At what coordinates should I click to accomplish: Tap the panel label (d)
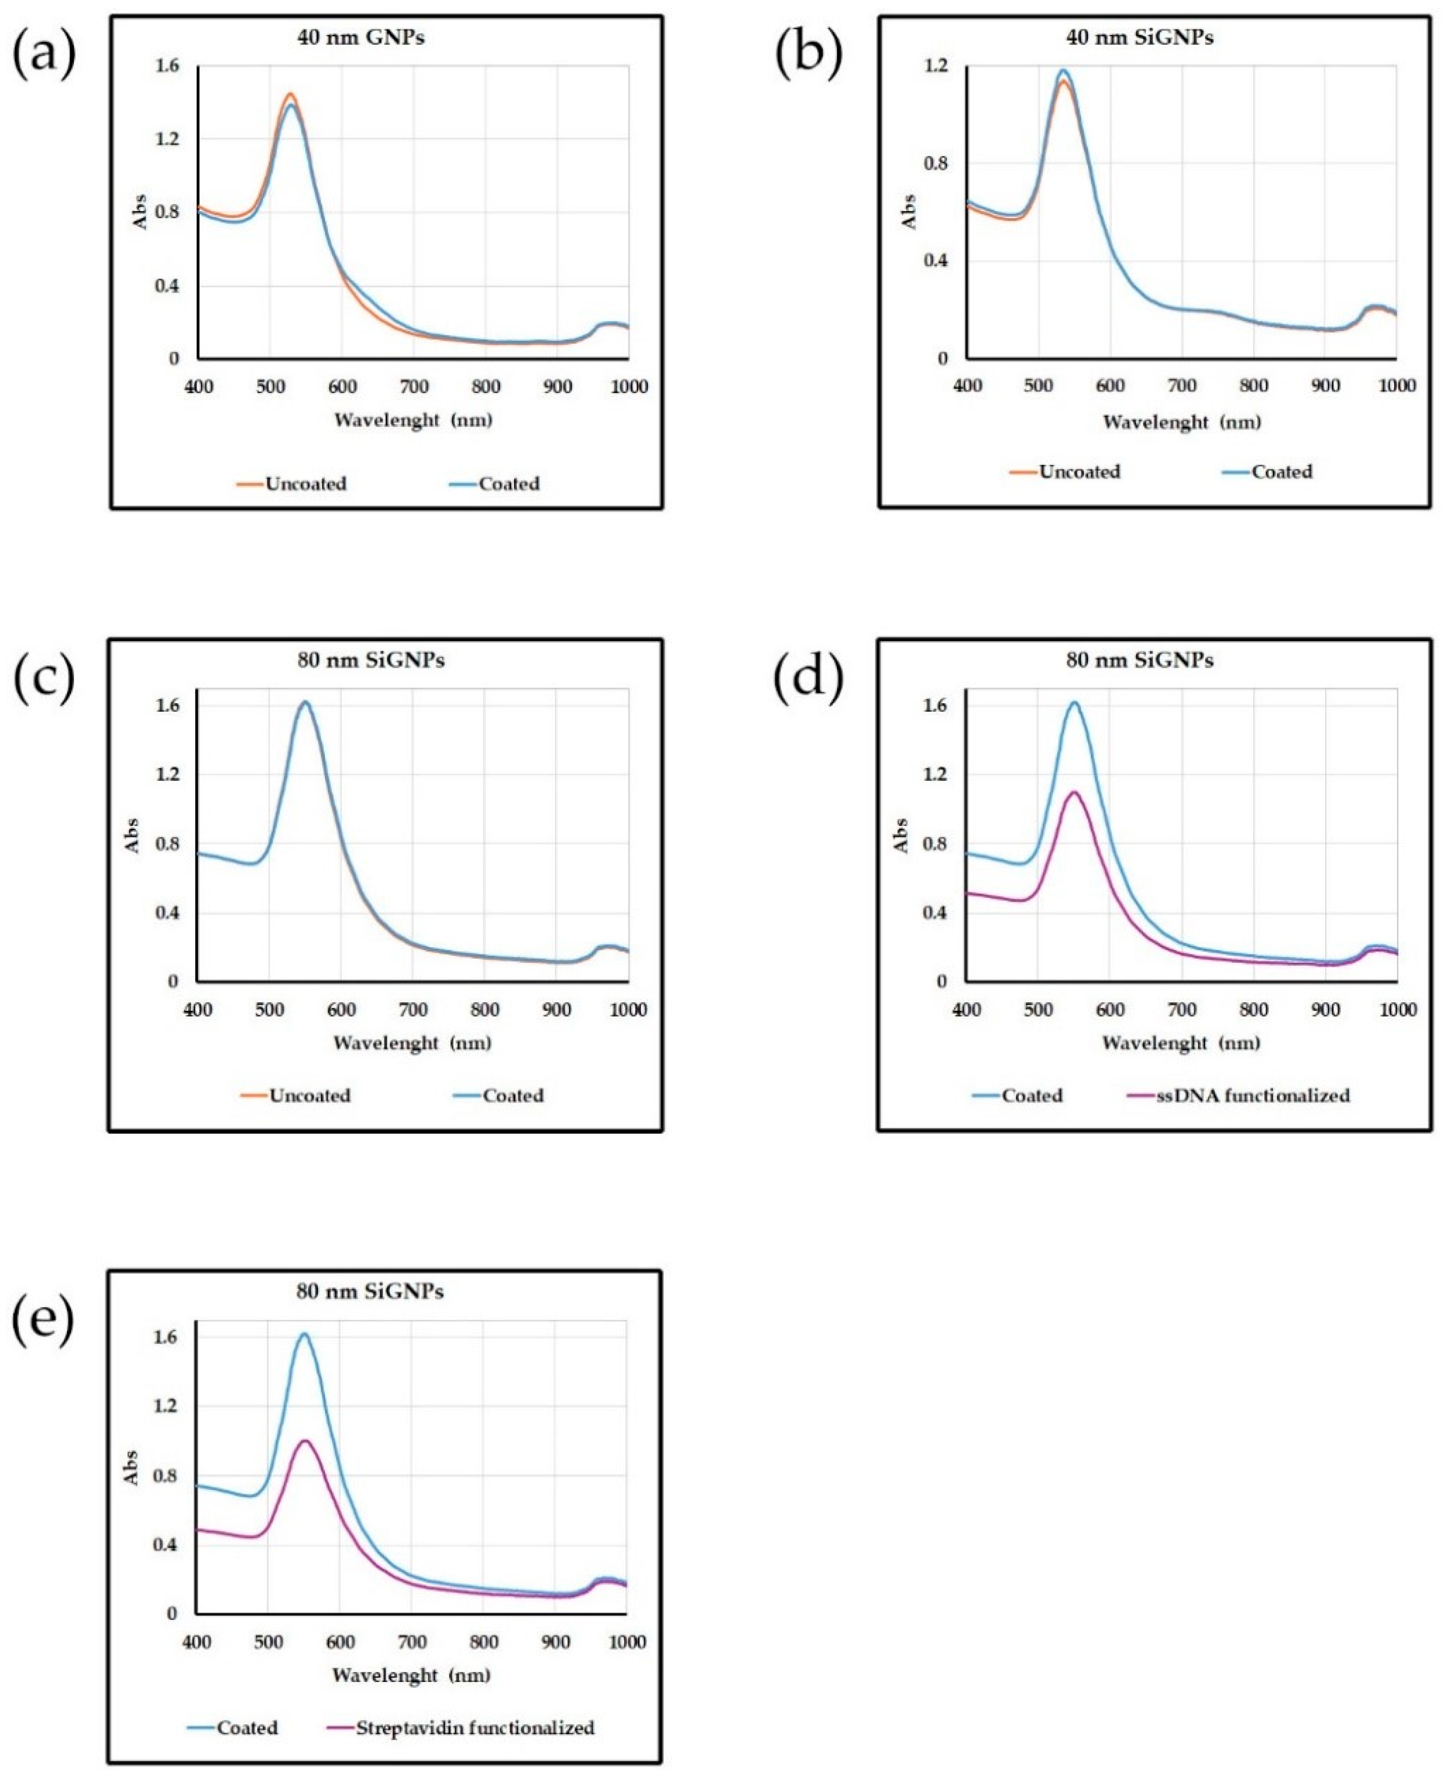[x=808, y=676]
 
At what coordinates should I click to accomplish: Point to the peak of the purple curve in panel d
[x=1074, y=792]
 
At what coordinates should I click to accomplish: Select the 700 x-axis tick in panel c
[x=413, y=1009]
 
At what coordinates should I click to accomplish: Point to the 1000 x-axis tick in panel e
[x=627, y=1642]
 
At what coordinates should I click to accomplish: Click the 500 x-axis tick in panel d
[x=1038, y=1009]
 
